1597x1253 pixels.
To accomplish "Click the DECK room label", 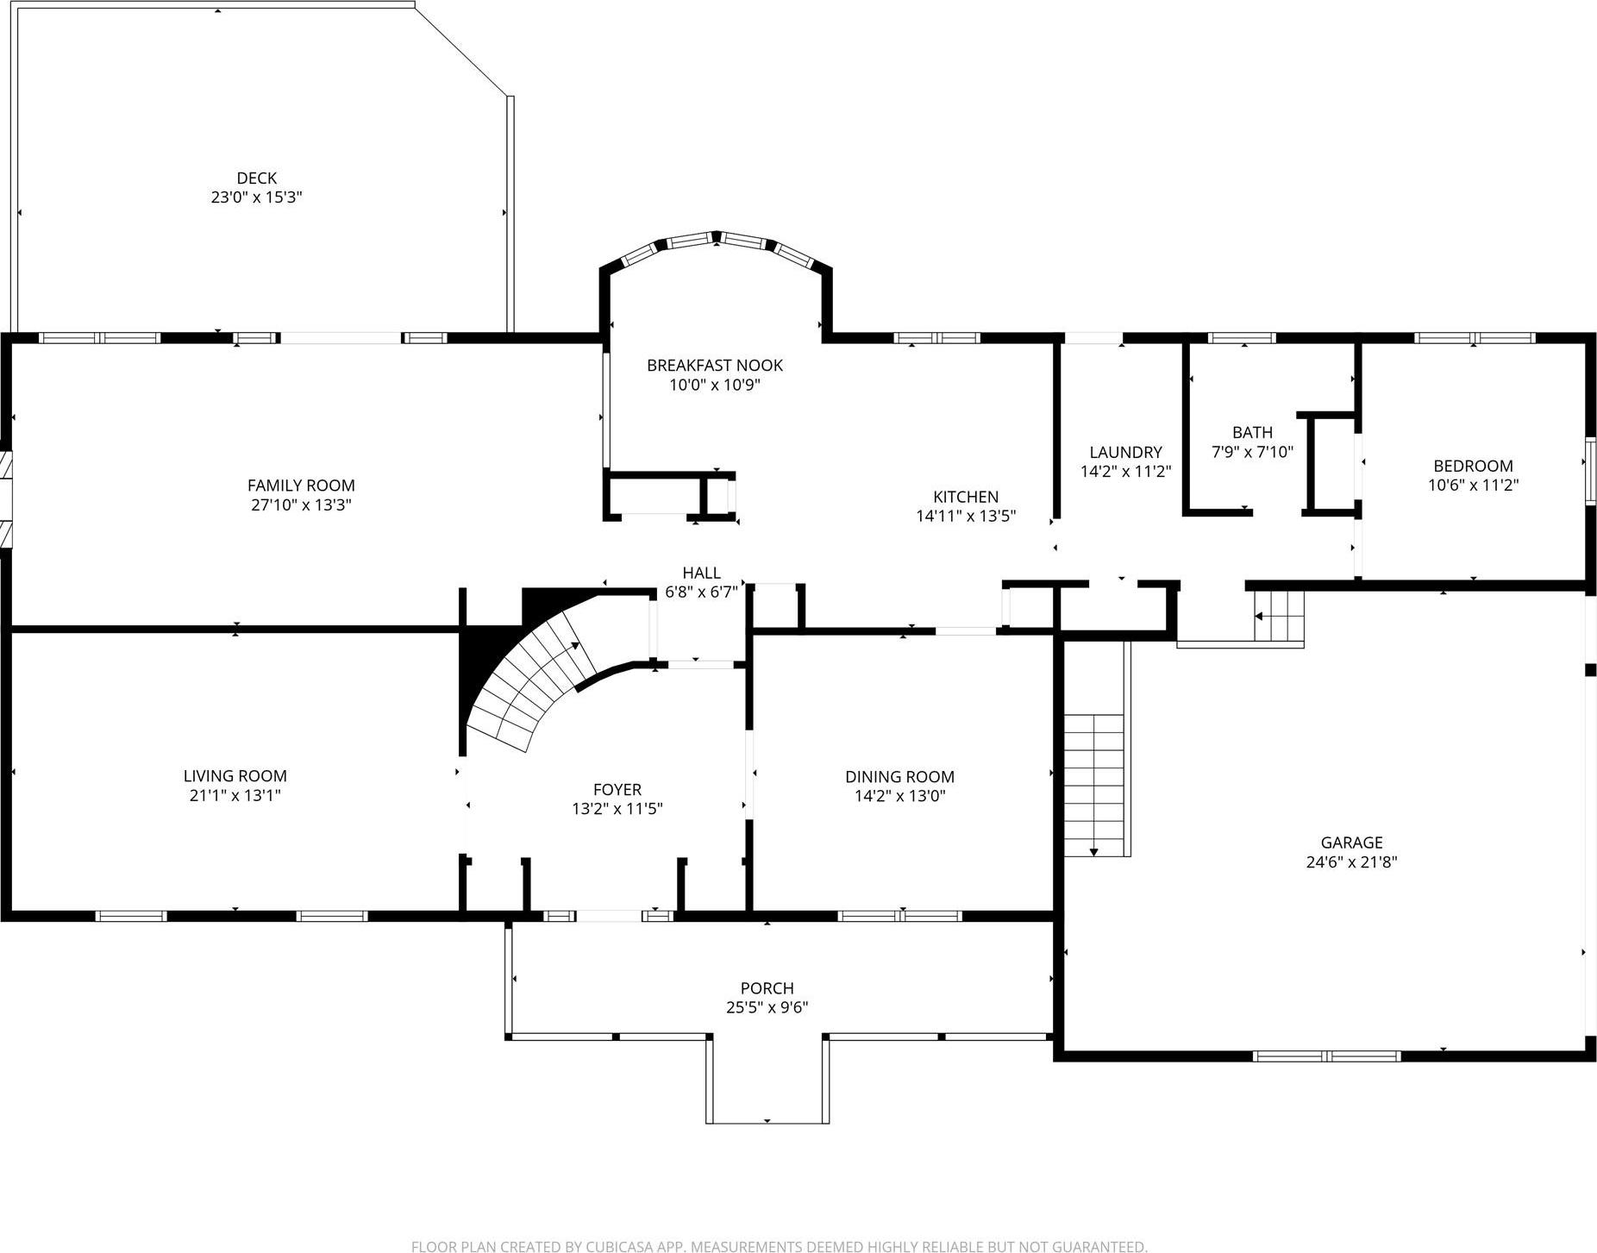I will coord(256,179).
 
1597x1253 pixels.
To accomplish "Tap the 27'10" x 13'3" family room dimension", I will coord(301,505).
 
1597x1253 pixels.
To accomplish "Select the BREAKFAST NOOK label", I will coord(714,366).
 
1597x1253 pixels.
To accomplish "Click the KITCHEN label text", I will coord(965,497).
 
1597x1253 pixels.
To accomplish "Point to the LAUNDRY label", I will coord(1124,452).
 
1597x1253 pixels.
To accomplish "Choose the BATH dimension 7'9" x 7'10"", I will coord(1252,452).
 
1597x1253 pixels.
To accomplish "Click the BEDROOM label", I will coord(1472,466).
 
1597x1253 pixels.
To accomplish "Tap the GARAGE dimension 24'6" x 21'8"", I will coord(1350,861).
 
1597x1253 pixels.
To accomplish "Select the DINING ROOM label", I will coord(899,777).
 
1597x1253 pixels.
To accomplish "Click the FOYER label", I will coord(617,789).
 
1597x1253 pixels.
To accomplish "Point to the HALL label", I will coord(700,573).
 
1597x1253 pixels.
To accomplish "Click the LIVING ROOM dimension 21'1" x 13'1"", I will coord(235,795).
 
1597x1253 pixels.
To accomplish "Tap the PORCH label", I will coord(766,988).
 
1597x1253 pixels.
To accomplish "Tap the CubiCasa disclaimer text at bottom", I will coord(779,1246).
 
